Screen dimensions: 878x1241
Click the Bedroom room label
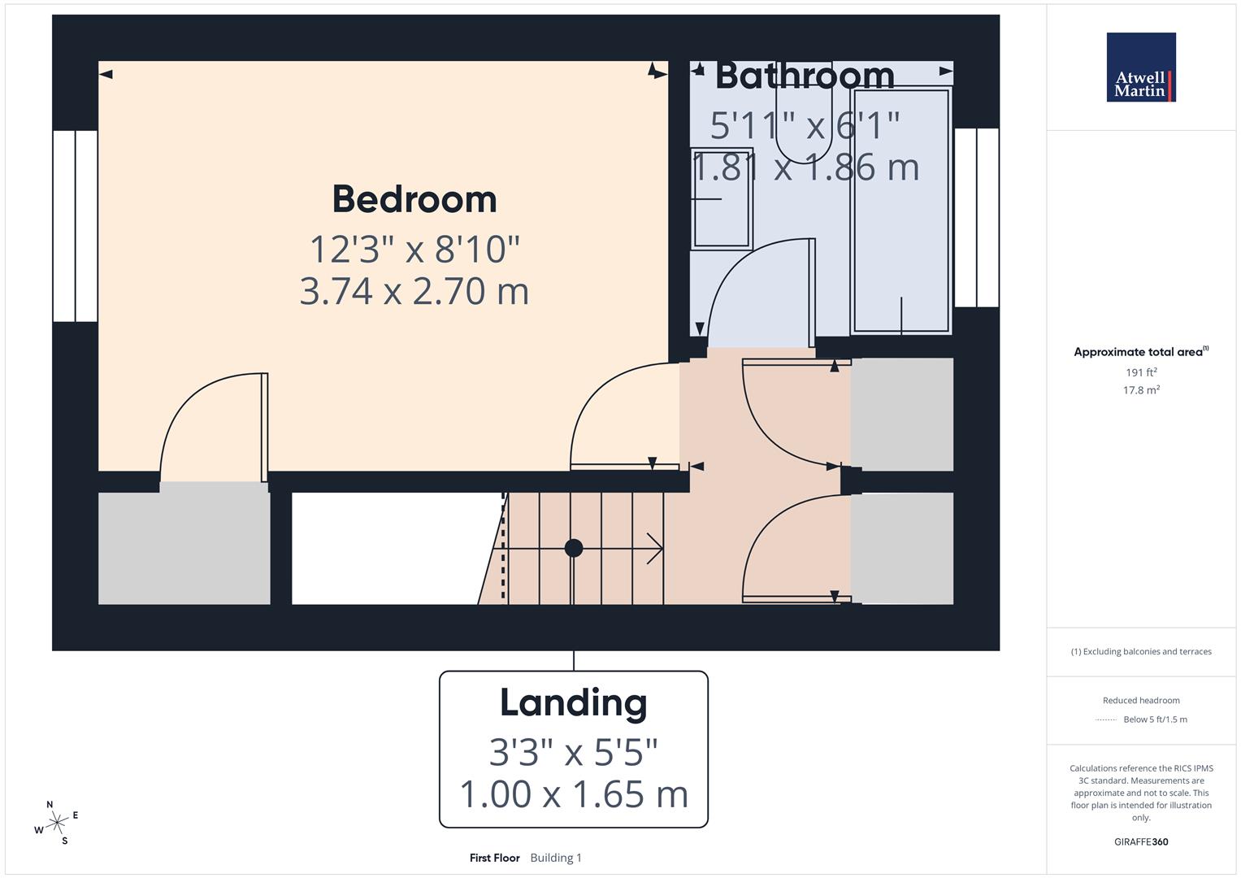414,199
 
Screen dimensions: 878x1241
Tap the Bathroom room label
805,76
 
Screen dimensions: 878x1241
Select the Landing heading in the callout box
573,703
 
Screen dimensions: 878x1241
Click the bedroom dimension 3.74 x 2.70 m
414,291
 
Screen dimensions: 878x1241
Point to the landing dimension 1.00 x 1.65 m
573,794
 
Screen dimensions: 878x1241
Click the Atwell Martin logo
1141,67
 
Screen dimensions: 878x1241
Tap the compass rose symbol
56,824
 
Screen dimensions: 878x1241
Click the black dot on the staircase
574,548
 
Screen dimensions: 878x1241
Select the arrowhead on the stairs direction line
655,548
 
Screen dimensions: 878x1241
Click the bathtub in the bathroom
900,211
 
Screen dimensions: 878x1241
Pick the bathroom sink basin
721,198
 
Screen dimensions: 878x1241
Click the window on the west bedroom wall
76,226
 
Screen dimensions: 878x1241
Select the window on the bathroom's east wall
976,217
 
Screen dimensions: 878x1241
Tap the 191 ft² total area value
1141,372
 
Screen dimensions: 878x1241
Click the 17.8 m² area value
1141,390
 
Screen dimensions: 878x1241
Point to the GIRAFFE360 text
1141,842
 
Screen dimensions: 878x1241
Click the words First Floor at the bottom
494,858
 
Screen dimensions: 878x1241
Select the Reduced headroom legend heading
1141,700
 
